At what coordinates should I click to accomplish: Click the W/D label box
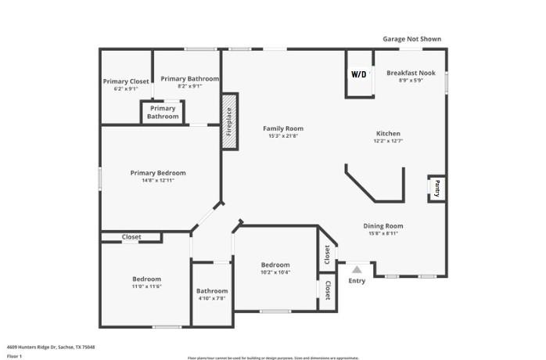coord(358,75)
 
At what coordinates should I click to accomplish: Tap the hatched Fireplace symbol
coord(229,121)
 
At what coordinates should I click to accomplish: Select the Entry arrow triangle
coord(357,269)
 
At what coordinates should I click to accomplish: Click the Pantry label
coord(436,188)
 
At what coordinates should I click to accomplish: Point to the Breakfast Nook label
coord(411,73)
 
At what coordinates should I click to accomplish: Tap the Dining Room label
coord(383,226)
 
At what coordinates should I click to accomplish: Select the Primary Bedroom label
coord(158,173)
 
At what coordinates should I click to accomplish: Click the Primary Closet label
coord(125,81)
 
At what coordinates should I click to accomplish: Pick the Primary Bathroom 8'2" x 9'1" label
coord(189,79)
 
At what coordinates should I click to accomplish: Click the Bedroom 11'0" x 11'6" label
coord(146,279)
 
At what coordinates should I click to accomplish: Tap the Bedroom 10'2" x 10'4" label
coord(275,265)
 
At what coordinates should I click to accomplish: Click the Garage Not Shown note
coord(411,38)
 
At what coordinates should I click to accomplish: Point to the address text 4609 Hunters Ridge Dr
coord(39,346)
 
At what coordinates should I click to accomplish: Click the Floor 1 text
coord(15,356)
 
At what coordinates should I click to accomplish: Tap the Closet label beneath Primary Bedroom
coord(131,237)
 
